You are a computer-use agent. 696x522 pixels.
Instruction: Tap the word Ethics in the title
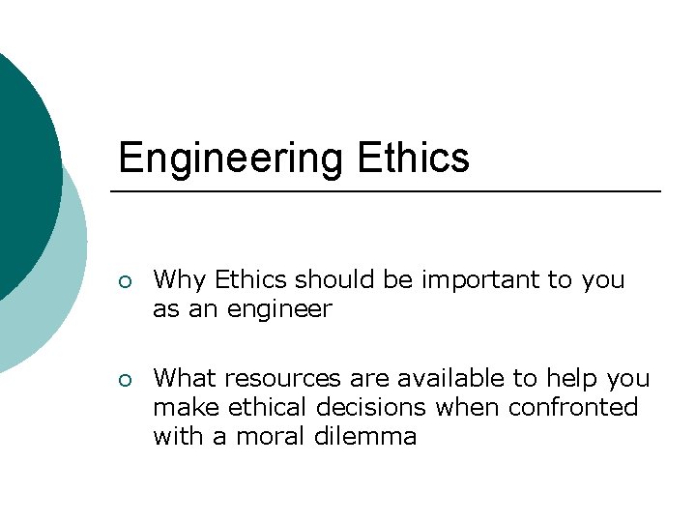[x=413, y=158]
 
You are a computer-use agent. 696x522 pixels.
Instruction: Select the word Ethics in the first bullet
[x=250, y=280]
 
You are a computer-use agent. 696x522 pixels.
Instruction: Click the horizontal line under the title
[x=386, y=192]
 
